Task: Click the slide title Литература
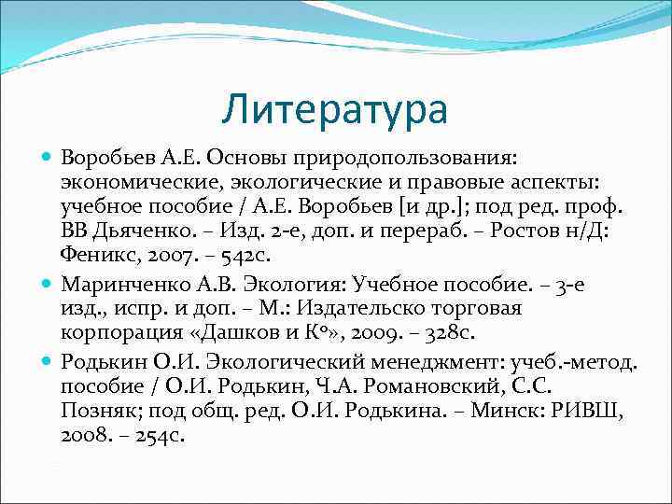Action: (x=335, y=108)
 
